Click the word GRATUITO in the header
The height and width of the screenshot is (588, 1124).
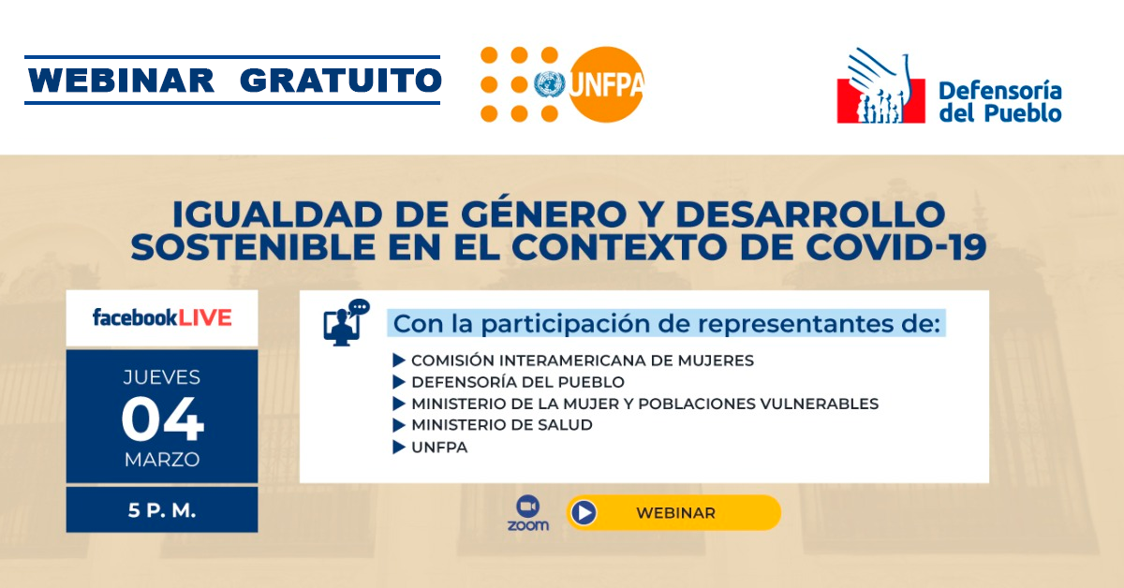click(341, 81)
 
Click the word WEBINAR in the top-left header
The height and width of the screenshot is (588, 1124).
click(122, 81)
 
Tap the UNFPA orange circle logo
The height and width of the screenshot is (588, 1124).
click(606, 84)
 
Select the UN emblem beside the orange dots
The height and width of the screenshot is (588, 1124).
click(550, 84)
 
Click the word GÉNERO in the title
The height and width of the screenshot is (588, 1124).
click(543, 214)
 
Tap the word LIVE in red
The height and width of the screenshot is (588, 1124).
click(205, 318)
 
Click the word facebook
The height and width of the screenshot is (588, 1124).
click(135, 317)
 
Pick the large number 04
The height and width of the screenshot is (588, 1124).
click(162, 419)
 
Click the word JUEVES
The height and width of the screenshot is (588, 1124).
click(161, 377)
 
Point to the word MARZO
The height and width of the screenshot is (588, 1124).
click(162, 460)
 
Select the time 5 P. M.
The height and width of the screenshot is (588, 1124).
click(161, 510)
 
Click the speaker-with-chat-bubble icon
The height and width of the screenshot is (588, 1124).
click(347, 323)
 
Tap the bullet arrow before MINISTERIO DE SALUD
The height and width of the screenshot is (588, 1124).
click(399, 425)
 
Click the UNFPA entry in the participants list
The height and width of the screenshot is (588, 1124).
click(439, 447)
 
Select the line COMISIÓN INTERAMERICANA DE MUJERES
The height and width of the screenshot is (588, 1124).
click(583, 360)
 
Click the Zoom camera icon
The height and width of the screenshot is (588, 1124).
click(528, 506)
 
